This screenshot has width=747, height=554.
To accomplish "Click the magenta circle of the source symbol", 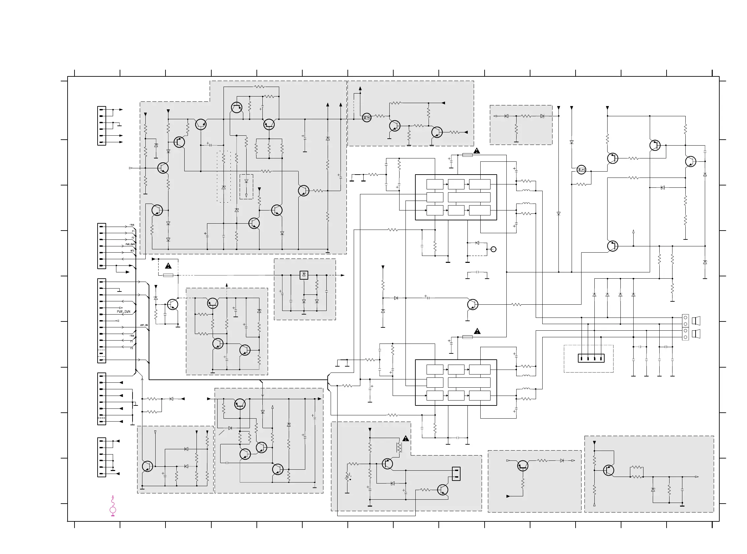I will pyautogui.click(x=113, y=510).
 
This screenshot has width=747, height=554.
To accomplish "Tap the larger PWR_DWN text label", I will pyautogui.click(x=124, y=312).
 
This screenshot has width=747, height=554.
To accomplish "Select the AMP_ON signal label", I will pyautogui.click(x=144, y=325).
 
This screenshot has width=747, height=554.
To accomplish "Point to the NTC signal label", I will pyautogui.click(x=133, y=251).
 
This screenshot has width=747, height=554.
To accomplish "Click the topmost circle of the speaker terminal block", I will pyautogui.click(x=685, y=317).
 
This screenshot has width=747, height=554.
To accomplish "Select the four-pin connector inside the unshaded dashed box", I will pyautogui.click(x=591, y=358).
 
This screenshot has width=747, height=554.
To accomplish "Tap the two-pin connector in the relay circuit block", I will pyautogui.click(x=456, y=474).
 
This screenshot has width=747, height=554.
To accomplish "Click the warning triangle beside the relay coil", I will pyautogui.click(x=406, y=438).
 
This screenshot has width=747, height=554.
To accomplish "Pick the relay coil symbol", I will pyautogui.click(x=399, y=447).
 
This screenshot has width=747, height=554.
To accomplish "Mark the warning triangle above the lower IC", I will pyautogui.click(x=477, y=331).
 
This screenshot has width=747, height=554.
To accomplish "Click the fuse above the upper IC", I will pyautogui.click(x=467, y=155).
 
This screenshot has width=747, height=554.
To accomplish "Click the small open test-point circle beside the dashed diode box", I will pyautogui.click(x=493, y=249).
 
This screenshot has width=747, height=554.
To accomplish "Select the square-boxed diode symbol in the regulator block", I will pyautogui.click(x=304, y=275).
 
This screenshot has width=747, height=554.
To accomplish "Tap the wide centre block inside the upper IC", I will pyautogui.click(x=469, y=197).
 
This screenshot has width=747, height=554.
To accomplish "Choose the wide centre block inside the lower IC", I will pyautogui.click(x=469, y=382).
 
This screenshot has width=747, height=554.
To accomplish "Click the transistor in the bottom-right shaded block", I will pyautogui.click(x=609, y=470).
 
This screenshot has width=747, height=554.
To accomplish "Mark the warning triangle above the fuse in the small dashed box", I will pyautogui.click(x=168, y=266).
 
